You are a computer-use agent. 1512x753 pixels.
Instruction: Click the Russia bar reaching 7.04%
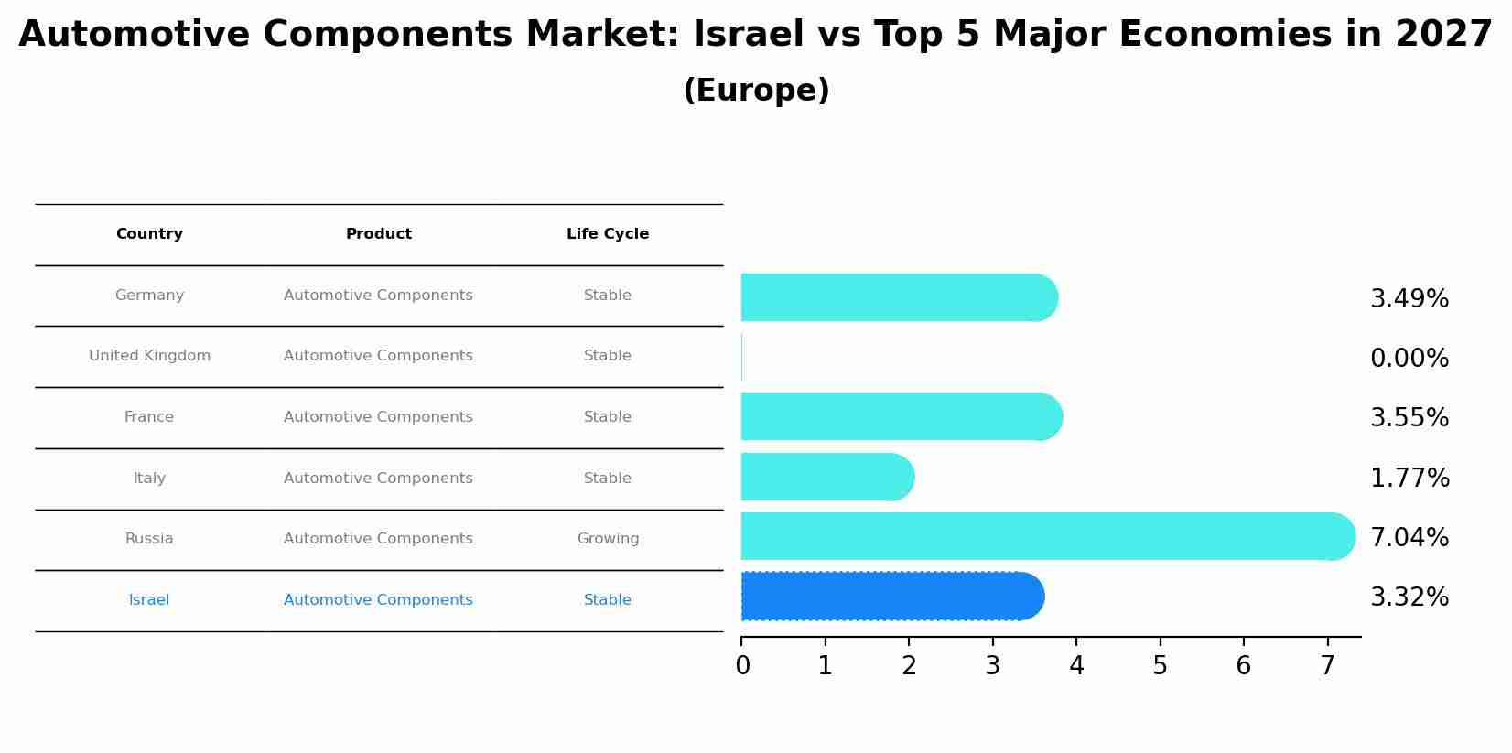tap(1043, 536)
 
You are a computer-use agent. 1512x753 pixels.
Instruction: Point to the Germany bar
tap(897, 297)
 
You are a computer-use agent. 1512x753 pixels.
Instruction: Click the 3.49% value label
tap(1409, 299)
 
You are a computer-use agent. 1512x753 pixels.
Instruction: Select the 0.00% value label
tap(1409, 359)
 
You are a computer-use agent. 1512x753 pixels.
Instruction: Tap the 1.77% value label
tap(1409, 479)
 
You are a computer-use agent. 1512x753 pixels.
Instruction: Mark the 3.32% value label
tap(1409, 597)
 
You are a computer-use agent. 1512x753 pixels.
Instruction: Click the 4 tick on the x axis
tap(1076, 666)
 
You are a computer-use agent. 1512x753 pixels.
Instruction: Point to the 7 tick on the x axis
tap(1327, 666)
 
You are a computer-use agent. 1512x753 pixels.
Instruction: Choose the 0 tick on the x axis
tap(742, 666)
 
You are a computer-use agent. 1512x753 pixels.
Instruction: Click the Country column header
tap(149, 234)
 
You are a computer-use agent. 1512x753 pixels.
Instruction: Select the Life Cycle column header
tap(608, 234)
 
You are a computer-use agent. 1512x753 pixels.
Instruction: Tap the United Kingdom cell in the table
tap(149, 356)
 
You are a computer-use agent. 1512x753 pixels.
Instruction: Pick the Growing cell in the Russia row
tap(608, 539)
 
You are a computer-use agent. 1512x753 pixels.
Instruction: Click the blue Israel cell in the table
tap(149, 600)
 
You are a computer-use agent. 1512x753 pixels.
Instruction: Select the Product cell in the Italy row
tap(378, 479)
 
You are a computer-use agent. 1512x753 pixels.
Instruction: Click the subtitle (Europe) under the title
tap(756, 91)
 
